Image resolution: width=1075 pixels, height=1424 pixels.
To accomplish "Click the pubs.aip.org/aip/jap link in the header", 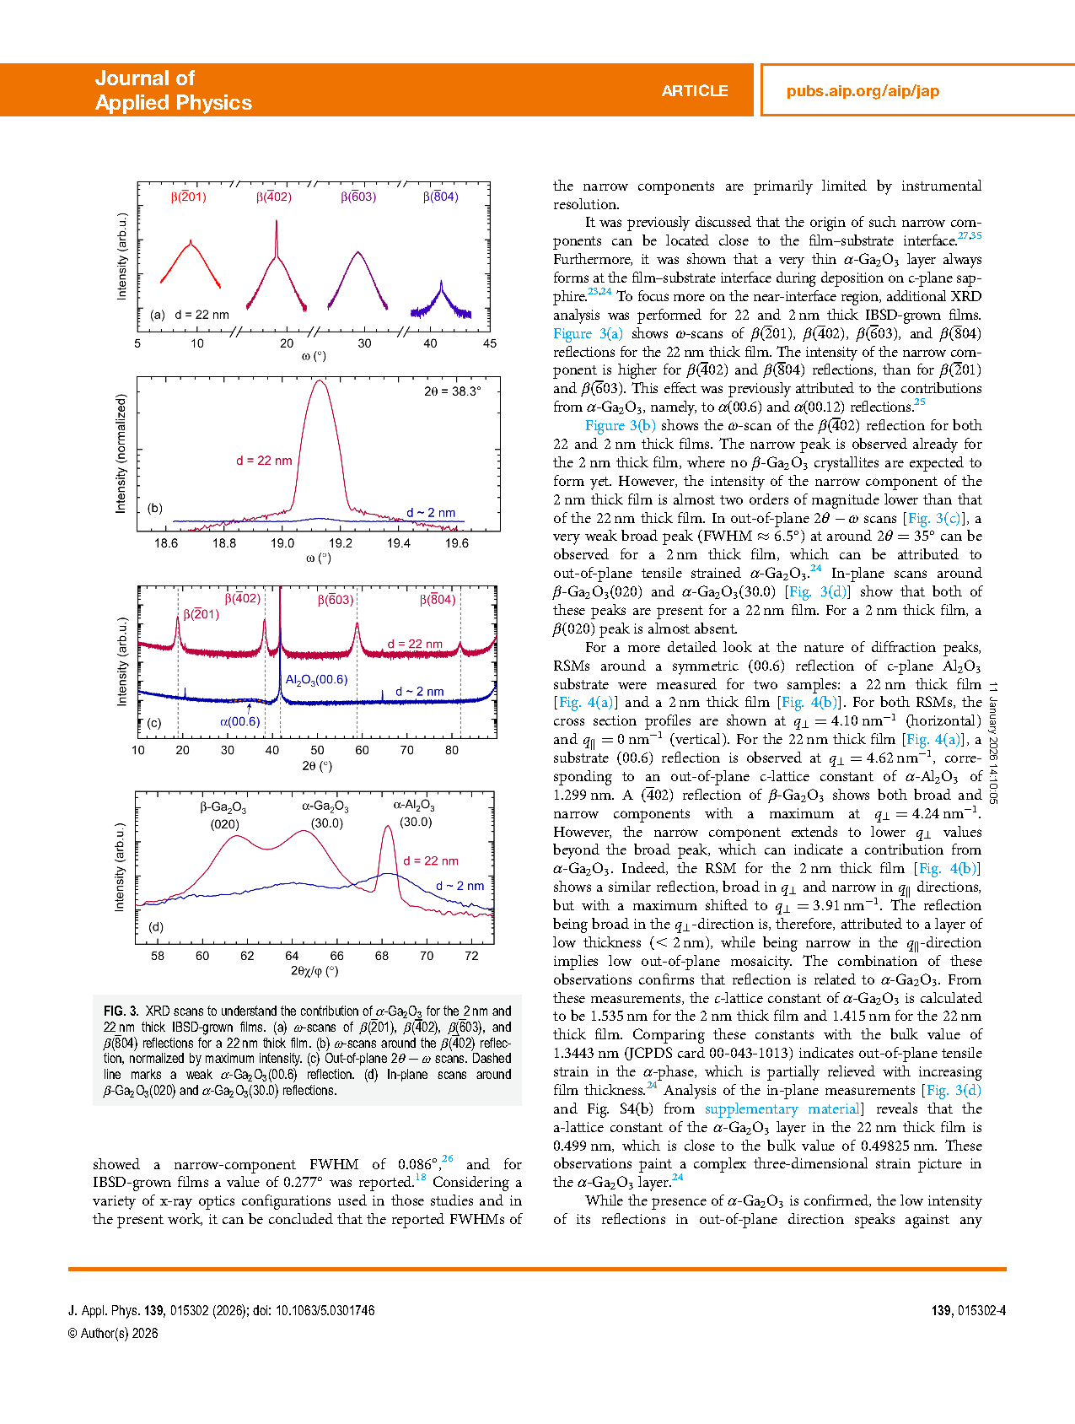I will point(863,91).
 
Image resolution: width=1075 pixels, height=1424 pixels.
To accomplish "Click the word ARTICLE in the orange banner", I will point(694,91).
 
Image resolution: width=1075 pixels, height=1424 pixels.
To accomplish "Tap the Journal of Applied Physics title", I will point(173,90).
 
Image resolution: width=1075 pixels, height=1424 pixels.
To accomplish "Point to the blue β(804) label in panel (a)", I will point(440,197).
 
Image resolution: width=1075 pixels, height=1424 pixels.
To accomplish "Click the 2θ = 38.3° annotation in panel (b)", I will point(452,391).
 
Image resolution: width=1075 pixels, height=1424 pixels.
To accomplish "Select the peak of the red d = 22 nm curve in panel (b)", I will point(320,381).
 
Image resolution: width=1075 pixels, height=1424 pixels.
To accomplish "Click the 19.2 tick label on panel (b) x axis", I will point(341,543).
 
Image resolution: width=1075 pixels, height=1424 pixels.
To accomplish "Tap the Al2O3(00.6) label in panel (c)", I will point(316,679).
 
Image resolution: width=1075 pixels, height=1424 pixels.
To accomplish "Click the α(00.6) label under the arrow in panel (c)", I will point(240,721).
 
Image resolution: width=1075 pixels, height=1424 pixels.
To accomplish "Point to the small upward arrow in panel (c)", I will point(249,707).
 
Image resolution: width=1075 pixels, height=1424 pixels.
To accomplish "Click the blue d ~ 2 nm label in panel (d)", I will point(460,886).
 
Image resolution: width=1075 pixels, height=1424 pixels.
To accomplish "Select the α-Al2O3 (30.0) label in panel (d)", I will point(415,813).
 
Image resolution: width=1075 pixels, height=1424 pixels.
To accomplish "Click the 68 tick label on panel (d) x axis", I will point(382,956).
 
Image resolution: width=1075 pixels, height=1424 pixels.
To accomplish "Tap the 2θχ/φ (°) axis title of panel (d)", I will point(314,971).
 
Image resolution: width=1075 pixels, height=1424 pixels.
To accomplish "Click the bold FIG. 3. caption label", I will point(121,1011).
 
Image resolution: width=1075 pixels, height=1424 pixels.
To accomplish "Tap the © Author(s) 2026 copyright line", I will point(113,1333).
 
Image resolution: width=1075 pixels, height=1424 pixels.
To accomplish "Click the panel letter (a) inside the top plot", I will point(158,315).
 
